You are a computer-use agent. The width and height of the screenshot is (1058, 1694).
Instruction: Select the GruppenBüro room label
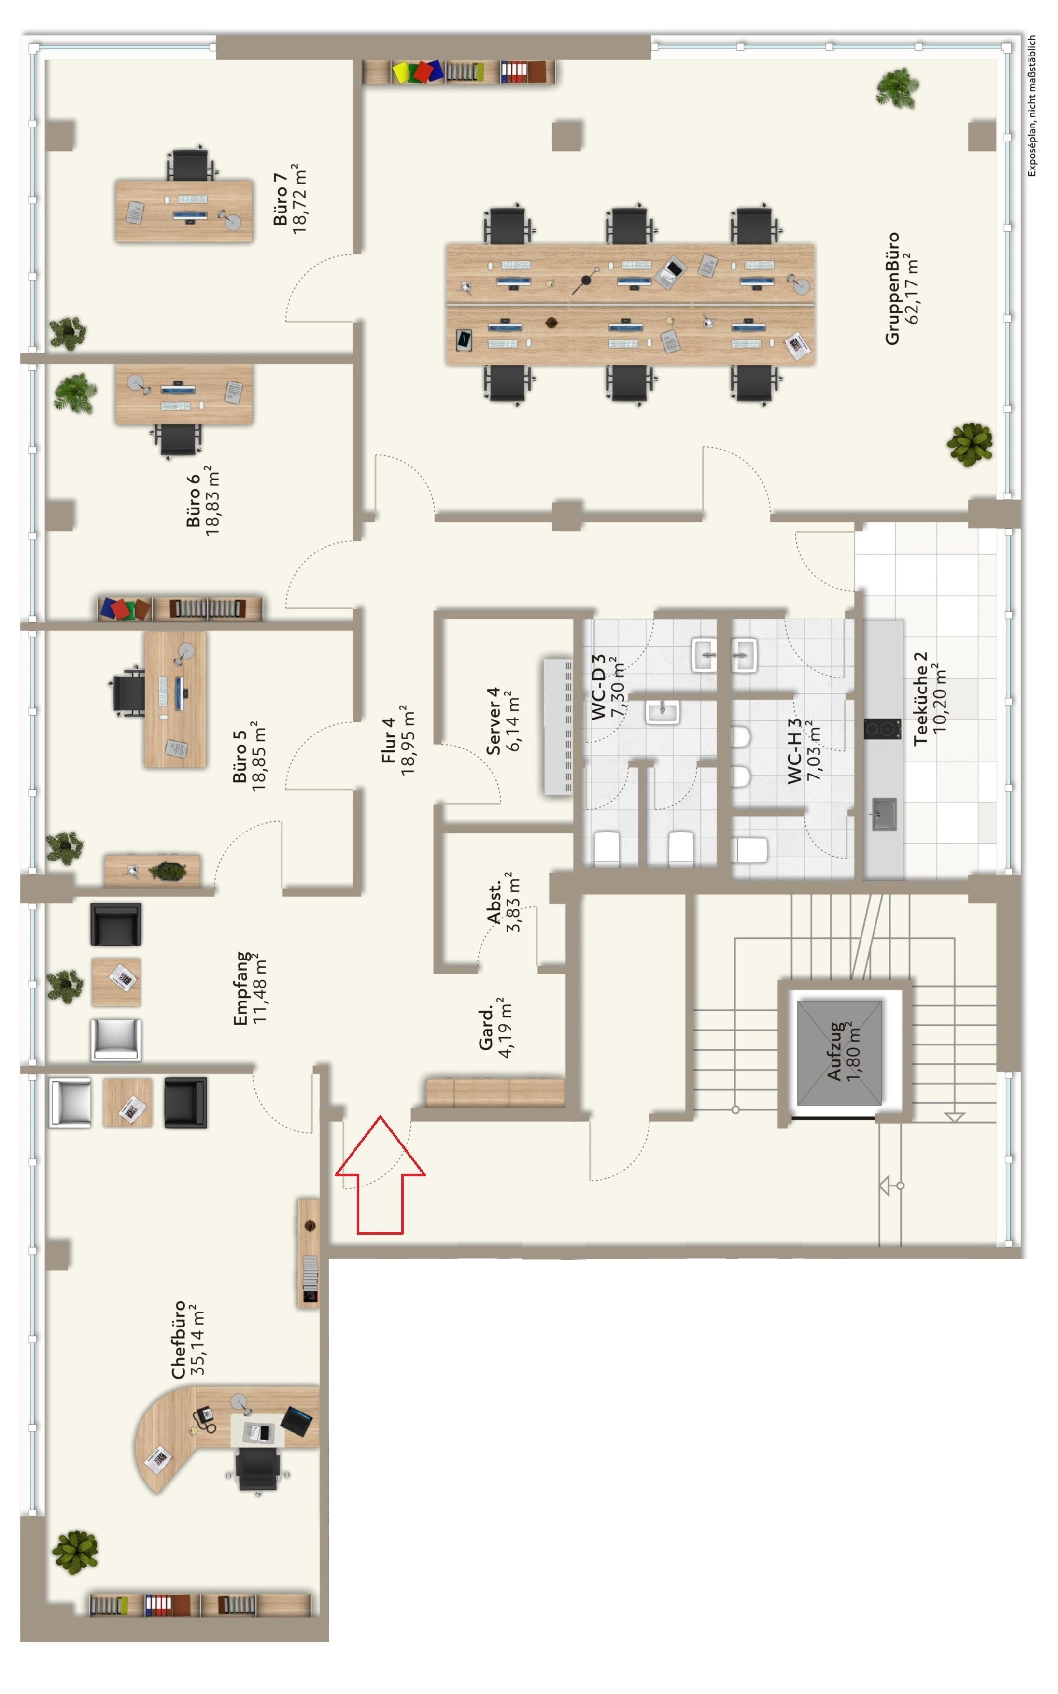click(x=892, y=288)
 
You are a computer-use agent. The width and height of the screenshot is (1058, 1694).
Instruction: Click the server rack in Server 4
click(x=558, y=726)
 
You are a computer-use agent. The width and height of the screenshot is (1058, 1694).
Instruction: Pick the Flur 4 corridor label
click(x=389, y=740)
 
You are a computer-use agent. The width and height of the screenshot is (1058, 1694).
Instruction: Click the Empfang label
click(x=241, y=988)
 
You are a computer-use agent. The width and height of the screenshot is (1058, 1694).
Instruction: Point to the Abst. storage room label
click(x=494, y=903)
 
